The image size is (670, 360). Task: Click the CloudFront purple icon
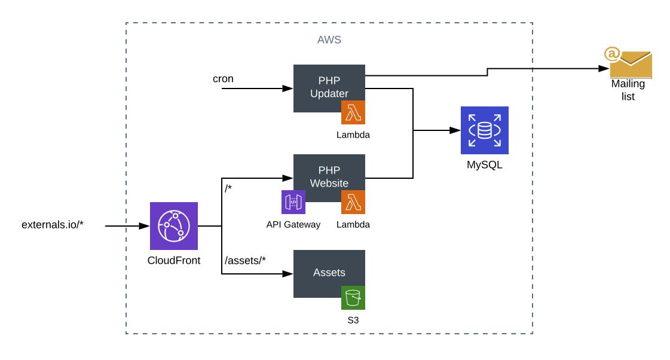pyautogui.click(x=173, y=226)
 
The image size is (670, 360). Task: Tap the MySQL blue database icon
pyautogui.click(x=484, y=130)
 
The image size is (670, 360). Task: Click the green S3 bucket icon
pyautogui.click(x=353, y=297)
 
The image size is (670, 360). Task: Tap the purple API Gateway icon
pyautogui.click(x=293, y=202)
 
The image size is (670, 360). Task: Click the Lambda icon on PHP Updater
pyautogui.click(x=353, y=112)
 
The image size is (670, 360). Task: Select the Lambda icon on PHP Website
pyautogui.click(x=353, y=202)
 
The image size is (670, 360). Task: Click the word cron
pyautogui.click(x=223, y=78)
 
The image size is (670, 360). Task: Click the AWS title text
pyautogui.click(x=329, y=40)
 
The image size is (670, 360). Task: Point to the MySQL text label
pyautogui.click(x=484, y=164)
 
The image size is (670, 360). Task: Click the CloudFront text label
pyautogui.click(x=173, y=260)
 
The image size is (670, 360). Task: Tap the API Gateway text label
pyautogui.click(x=293, y=224)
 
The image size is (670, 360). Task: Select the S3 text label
pyautogui.click(x=353, y=320)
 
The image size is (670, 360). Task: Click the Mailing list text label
pyautogui.click(x=628, y=90)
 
